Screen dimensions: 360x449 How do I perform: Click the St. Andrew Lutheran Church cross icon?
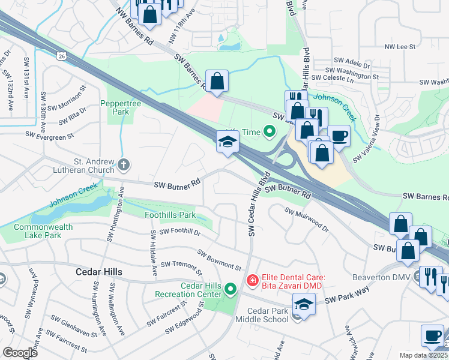click(123, 164)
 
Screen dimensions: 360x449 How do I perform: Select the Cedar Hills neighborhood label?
click(98, 272)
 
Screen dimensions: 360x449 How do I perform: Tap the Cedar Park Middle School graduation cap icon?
click(304, 306)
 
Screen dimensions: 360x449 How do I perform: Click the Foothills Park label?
click(170, 215)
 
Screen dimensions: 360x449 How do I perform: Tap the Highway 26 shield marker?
click(62, 56)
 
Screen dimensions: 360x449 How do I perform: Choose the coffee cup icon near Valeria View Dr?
click(338, 136)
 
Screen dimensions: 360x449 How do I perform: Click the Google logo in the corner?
click(20, 353)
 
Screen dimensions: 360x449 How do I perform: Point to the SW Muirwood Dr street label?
click(307, 220)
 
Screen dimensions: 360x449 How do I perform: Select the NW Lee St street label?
click(399, 46)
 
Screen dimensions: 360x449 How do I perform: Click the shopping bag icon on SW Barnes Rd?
click(217, 81)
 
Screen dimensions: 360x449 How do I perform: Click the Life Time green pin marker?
click(269, 130)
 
